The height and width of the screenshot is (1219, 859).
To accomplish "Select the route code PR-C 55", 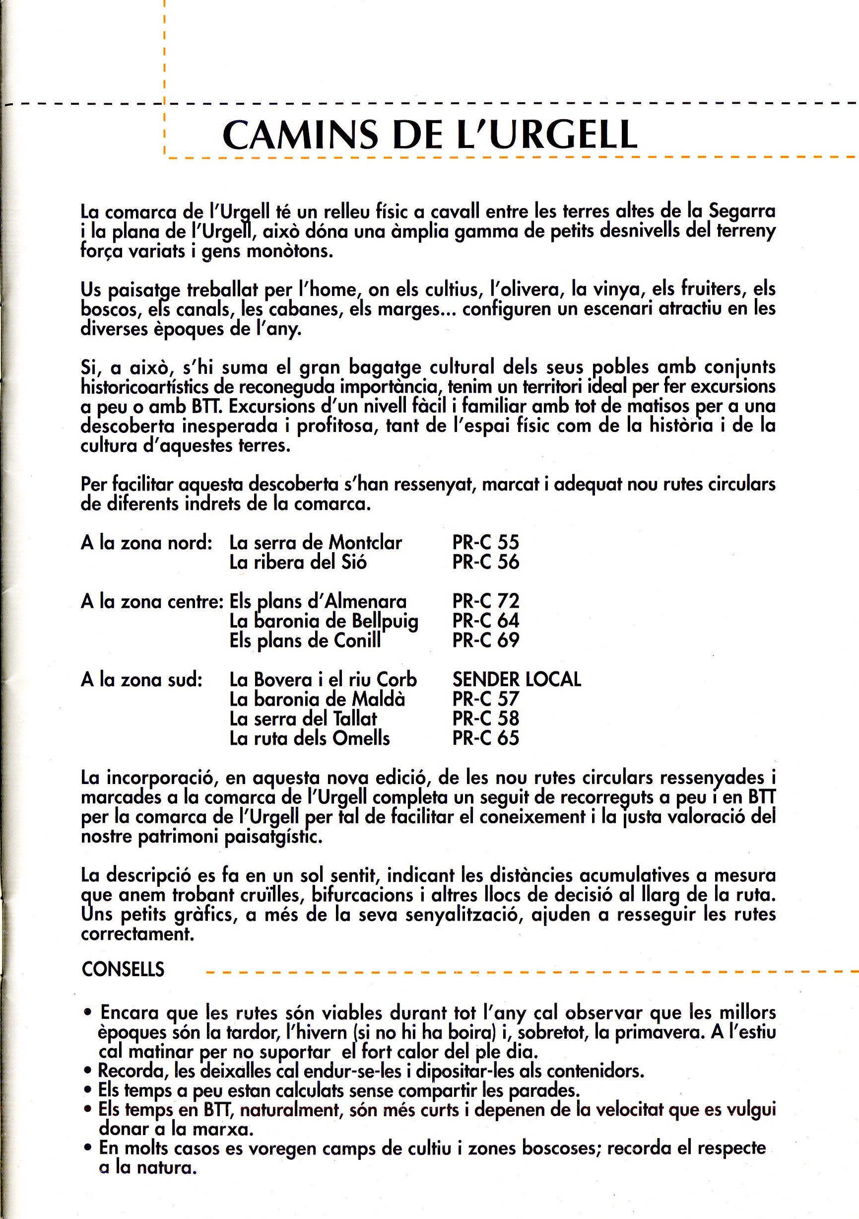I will click(x=485, y=542).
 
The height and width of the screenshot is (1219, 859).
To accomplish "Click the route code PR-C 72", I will click(x=485, y=601).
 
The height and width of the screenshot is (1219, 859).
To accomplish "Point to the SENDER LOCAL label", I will click(x=517, y=679).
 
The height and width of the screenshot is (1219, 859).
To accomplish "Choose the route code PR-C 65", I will click(x=485, y=738).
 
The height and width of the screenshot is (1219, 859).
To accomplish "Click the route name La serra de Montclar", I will click(x=316, y=542).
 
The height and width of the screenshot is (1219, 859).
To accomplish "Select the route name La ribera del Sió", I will click(x=298, y=562).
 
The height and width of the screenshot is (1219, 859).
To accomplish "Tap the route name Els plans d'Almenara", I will click(x=318, y=601).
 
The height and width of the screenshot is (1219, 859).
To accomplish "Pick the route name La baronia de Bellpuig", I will click(x=324, y=621).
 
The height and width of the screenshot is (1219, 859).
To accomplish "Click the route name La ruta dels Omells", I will click(x=309, y=738).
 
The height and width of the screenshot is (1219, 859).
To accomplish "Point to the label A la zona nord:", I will click(x=146, y=543).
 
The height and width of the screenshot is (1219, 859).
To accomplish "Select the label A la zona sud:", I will click(x=141, y=680).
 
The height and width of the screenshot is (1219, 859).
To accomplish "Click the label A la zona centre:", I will click(x=152, y=601).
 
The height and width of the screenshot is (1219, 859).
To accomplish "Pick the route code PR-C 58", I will click(x=485, y=718).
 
